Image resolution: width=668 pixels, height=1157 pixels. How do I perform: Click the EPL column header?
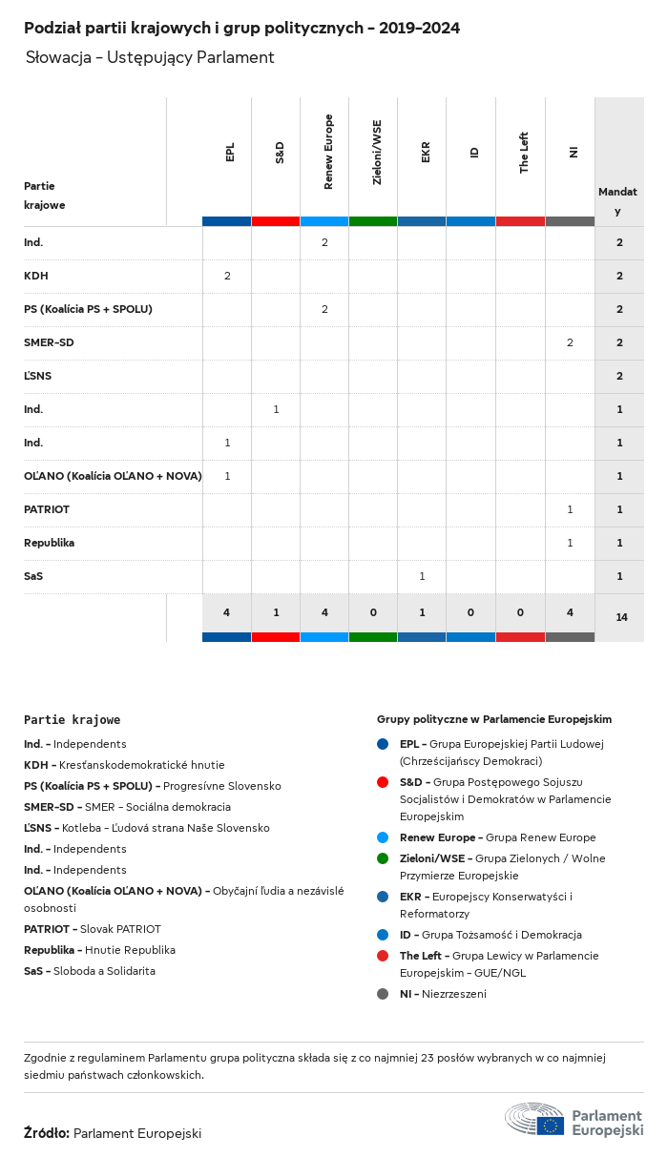(x=230, y=153)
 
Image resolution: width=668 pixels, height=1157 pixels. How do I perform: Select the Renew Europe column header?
(x=328, y=152)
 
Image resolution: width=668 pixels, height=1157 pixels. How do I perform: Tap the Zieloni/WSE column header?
(x=377, y=152)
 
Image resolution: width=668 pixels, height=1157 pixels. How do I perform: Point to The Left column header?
(x=524, y=153)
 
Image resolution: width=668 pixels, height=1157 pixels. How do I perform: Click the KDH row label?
(x=36, y=276)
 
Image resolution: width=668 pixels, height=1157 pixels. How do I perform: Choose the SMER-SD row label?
(x=49, y=342)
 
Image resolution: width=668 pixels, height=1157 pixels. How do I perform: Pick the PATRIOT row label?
(x=47, y=509)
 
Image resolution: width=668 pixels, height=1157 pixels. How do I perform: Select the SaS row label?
(x=33, y=576)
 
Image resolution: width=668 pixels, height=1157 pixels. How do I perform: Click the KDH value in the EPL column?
(x=227, y=276)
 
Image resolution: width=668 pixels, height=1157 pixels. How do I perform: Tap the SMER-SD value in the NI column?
(x=570, y=342)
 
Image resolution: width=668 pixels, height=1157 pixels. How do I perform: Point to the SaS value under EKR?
(x=422, y=576)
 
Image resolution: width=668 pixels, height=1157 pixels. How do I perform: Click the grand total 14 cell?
(x=621, y=617)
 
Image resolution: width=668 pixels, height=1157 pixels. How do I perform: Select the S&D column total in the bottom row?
(x=276, y=612)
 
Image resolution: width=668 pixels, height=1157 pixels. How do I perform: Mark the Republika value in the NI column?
(x=570, y=543)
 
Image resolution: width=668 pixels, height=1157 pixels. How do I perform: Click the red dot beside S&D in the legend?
(x=383, y=782)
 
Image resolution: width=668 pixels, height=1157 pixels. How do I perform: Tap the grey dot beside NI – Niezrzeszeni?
(x=383, y=994)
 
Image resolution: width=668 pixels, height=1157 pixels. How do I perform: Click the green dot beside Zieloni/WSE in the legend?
(x=383, y=858)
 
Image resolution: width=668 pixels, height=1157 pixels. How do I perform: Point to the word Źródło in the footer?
(x=46, y=1133)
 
